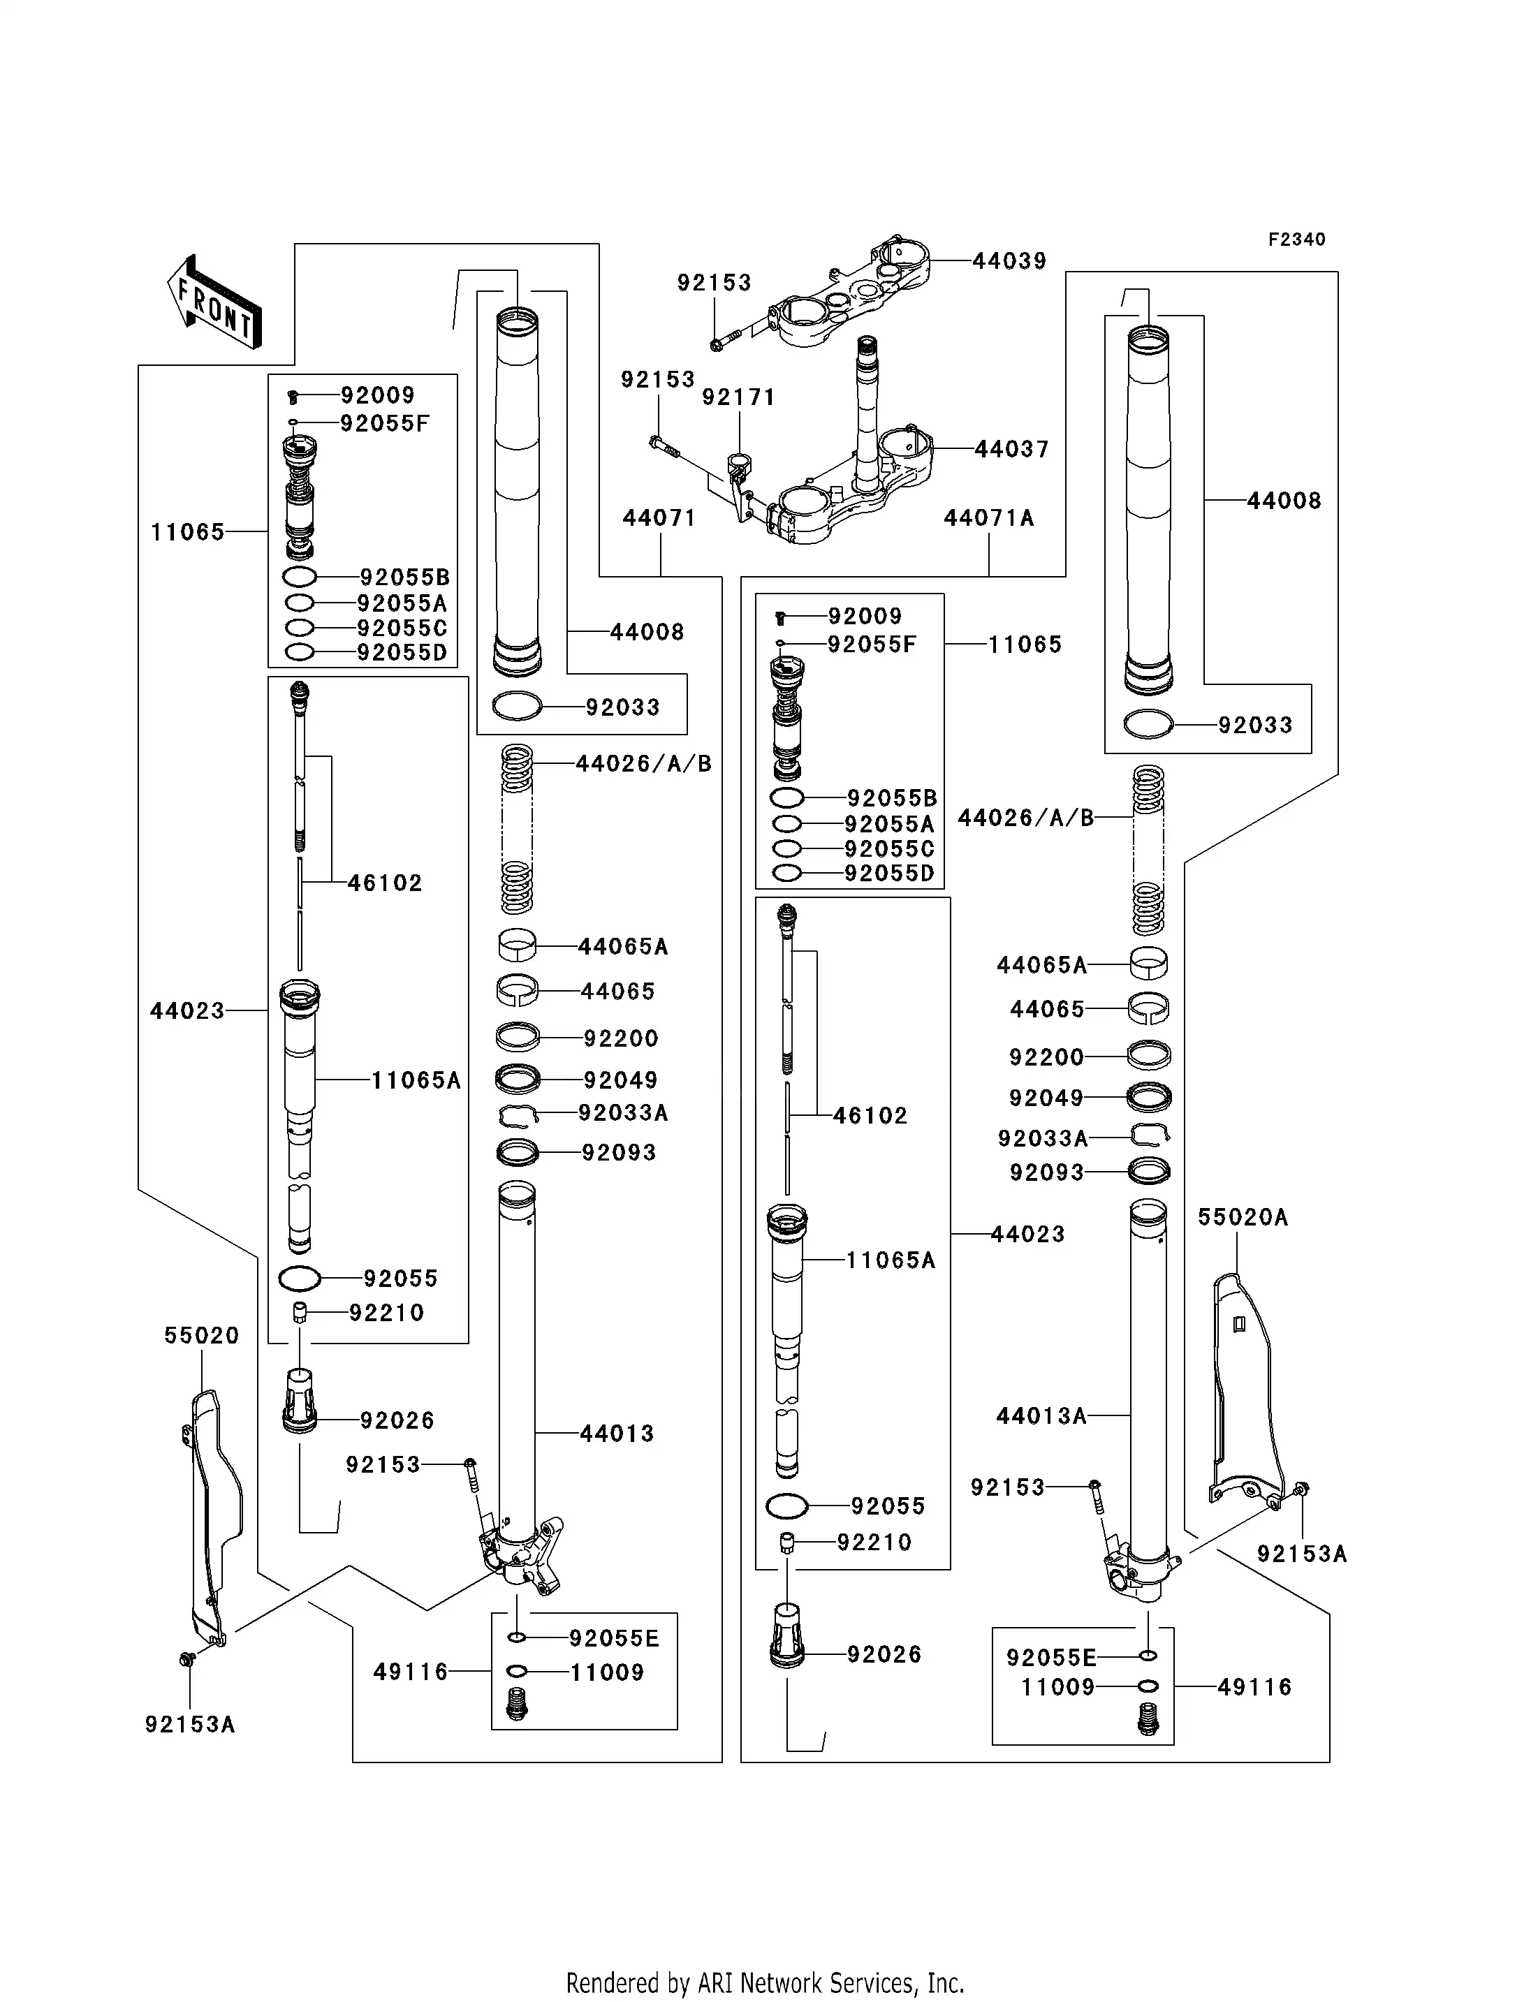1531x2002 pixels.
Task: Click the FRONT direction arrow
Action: click(215, 302)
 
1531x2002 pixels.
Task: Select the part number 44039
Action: click(1009, 262)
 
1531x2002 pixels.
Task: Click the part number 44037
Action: click(1011, 449)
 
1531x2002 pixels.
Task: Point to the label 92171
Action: click(738, 397)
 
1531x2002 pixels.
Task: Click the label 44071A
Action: click(989, 519)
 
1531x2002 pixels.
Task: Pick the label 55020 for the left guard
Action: click(201, 1336)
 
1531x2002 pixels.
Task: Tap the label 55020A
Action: click(1242, 1217)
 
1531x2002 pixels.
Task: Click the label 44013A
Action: click(1041, 1416)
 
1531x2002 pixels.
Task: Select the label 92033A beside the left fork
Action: click(623, 1112)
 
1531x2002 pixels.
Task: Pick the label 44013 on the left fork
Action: click(617, 1434)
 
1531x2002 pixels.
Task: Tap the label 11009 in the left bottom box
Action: click(607, 1672)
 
